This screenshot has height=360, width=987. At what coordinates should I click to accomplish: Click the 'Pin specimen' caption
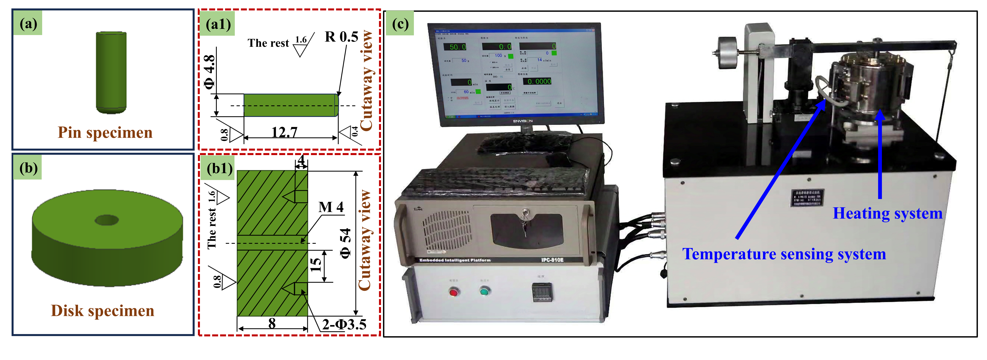pos(105,133)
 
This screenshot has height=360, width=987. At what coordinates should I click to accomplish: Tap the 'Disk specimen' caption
pos(103,311)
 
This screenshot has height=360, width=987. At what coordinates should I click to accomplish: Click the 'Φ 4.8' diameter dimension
pos(209,72)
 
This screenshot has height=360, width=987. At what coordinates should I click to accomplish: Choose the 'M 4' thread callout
pos(331,207)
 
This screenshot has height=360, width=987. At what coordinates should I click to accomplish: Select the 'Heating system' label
pos(887,213)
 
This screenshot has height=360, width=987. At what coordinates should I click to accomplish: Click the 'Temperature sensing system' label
pos(784,254)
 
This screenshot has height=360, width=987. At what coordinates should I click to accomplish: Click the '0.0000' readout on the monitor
pos(537,81)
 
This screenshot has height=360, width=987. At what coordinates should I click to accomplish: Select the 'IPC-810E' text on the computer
pos(552,260)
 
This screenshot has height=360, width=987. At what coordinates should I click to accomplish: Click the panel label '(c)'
pos(400,24)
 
